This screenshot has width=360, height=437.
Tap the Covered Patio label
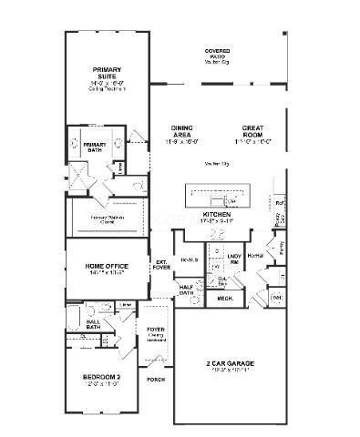pyautogui.click(x=217, y=55)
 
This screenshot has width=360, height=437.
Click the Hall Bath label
pyautogui.click(x=93, y=323)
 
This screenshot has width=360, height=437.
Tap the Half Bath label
pyautogui.click(x=187, y=290)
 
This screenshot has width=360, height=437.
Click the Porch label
pyautogui.click(x=156, y=379)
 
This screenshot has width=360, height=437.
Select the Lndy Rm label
pyautogui.click(x=234, y=259)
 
